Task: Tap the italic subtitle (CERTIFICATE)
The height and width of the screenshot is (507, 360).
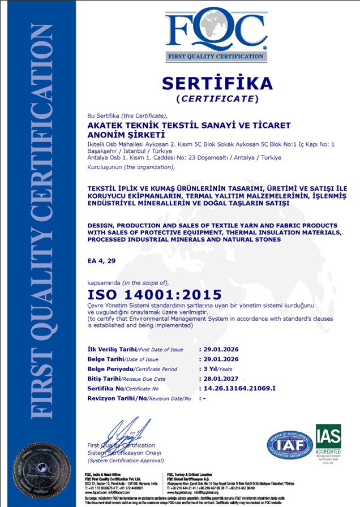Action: (x=217, y=99)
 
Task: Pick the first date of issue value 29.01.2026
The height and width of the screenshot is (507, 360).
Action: (x=222, y=349)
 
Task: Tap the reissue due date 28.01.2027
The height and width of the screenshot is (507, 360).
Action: (x=222, y=379)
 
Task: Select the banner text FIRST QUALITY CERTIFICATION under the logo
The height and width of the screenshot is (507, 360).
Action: (x=217, y=57)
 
